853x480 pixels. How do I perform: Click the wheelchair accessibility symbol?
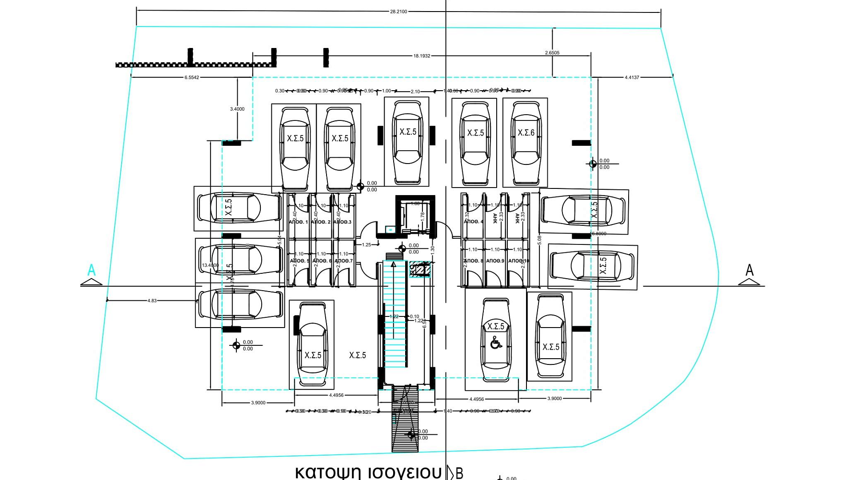tap(496, 343)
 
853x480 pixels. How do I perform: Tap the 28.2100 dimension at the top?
tap(399, 12)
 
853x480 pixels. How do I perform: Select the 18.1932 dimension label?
tap(422, 56)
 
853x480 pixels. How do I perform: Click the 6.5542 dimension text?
tap(192, 77)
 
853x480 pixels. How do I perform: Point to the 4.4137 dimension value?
tap(632, 77)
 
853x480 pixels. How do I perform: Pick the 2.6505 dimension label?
tap(552, 53)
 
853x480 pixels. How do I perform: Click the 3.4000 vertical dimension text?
tap(237, 109)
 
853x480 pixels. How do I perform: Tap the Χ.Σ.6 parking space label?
tap(526, 133)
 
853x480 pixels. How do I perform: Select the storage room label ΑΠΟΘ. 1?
tap(299, 222)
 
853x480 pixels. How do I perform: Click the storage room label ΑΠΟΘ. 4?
tap(474, 221)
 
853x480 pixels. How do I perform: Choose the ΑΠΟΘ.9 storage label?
tap(495, 261)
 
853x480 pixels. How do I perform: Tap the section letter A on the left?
tap(92, 270)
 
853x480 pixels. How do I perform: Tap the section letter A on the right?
tap(749, 270)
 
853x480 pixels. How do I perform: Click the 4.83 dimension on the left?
tap(152, 301)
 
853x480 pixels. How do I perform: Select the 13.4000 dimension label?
tap(210, 265)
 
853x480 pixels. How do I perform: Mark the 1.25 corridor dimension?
tap(367, 245)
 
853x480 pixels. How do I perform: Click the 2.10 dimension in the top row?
tap(415, 92)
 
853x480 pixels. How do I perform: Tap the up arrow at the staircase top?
tap(393, 264)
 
